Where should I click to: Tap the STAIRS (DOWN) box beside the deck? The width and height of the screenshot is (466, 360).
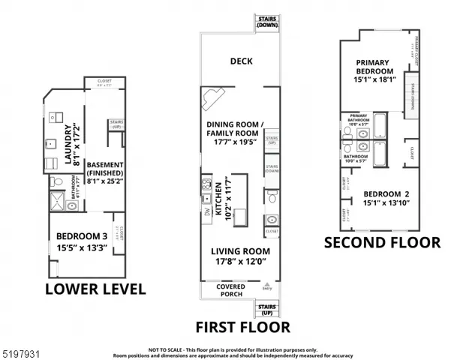pyautogui.click(x=266, y=22)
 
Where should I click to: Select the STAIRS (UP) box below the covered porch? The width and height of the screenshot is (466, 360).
pyautogui.click(x=266, y=307)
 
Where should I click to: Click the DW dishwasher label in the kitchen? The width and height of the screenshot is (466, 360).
pyautogui.click(x=206, y=212)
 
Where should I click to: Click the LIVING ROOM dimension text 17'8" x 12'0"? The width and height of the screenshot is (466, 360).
pyautogui.click(x=239, y=262)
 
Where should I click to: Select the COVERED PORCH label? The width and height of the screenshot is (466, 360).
pyautogui.click(x=230, y=289)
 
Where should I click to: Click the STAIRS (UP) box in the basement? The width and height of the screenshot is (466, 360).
pyautogui.click(x=116, y=124)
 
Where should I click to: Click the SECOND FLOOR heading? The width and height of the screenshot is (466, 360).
pyautogui.click(x=382, y=242)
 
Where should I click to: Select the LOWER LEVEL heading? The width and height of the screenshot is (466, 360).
pyautogui.click(x=95, y=289)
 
